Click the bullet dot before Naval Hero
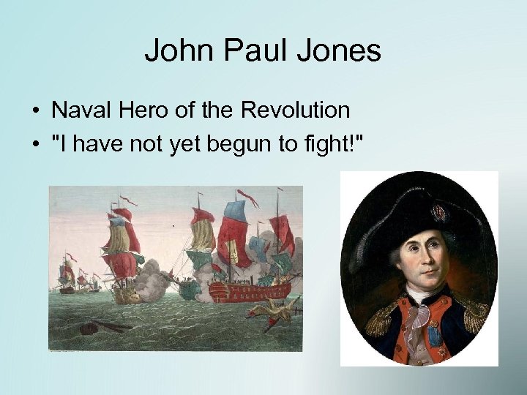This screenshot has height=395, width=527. [35, 111]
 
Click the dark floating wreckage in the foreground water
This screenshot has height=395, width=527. [94, 326]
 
